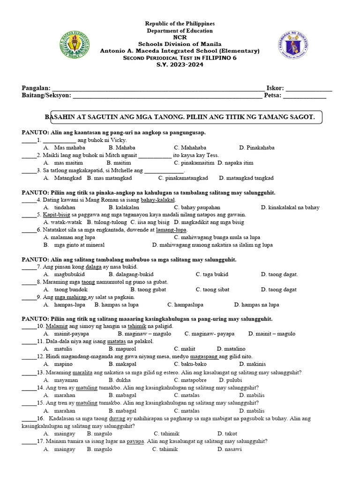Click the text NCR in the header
(x=180, y=37)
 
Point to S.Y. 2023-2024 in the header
(x=180, y=64)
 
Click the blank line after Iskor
(x=309, y=88)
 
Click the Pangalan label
(x=36, y=88)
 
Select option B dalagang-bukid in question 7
(x=131, y=274)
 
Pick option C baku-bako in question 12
(x=190, y=364)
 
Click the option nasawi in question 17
(x=230, y=449)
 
